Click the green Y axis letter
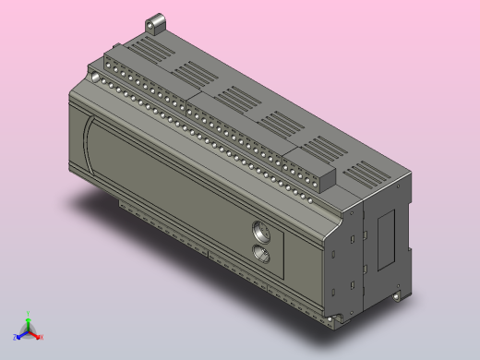coord(28,312)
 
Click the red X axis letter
coord(42,338)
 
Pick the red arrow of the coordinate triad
coord(35,334)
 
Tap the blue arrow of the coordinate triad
coord(21,334)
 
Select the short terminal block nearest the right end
coord(310,166)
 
